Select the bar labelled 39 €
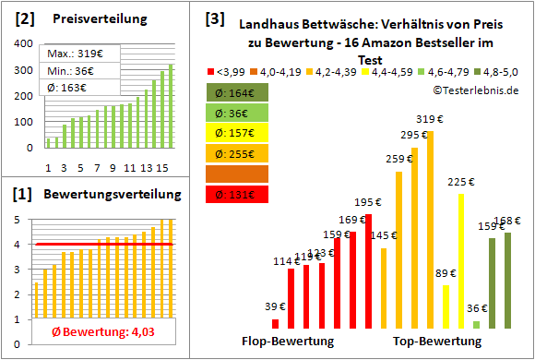[276, 323]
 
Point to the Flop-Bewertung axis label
[287, 342]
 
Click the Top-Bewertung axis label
[437, 342]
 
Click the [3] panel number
[215, 18]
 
